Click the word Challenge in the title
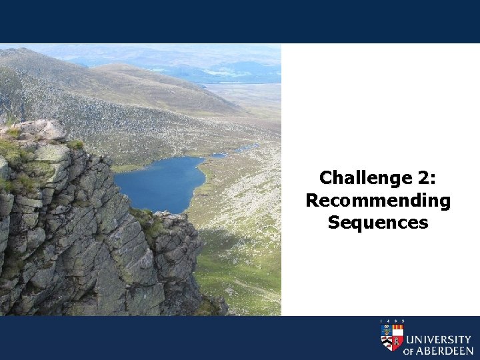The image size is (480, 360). pyautogui.click(x=356, y=178)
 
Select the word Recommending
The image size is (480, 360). pyautogui.click(x=378, y=200)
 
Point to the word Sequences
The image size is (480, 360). pyautogui.click(x=378, y=222)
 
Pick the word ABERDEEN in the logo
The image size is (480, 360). pyautogui.click(x=445, y=350)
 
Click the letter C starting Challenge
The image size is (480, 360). pyautogui.click(x=327, y=178)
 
